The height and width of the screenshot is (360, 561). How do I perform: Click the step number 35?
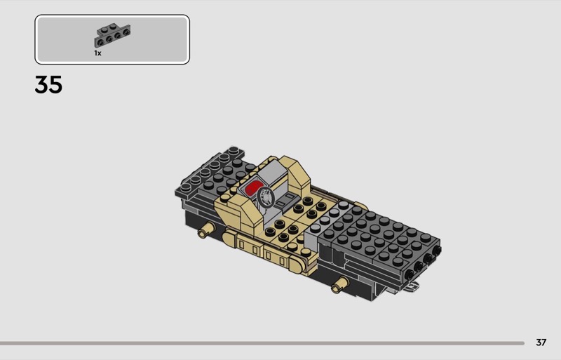[48, 85]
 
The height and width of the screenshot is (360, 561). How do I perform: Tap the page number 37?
[541, 342]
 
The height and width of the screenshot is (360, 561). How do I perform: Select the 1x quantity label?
[97, 53]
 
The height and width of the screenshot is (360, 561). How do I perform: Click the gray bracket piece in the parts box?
[112, 35]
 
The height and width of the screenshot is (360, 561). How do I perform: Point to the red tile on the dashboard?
[253, 187]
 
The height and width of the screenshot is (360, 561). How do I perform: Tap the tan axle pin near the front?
[339, 284]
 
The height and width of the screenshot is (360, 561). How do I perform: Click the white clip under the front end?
[413, 286]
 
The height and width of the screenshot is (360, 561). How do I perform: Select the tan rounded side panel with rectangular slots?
[264, 251]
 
